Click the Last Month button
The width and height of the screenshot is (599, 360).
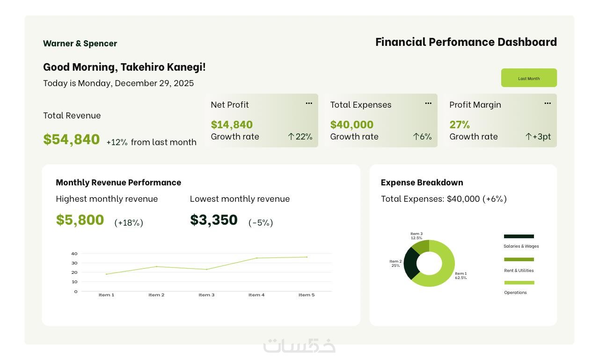tap(529, 78)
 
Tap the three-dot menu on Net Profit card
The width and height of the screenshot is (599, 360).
tap(309, 103)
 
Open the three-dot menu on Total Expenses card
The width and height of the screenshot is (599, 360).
tap(428, 103)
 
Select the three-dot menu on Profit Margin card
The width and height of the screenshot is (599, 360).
tap(548, 103)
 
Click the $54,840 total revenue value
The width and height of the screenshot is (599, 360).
tap(72, 139)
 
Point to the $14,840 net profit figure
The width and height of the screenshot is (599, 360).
tap(232, 125)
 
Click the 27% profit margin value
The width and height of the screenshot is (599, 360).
tap(460, 125)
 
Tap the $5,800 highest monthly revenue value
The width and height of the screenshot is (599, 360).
tap(80, 220)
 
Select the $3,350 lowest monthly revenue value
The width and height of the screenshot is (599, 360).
tap(214, 220)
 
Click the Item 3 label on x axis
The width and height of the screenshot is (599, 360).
tap(206, 295)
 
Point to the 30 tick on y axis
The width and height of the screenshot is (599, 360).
tap(74, 263)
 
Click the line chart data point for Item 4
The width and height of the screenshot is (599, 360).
tap(256, 258)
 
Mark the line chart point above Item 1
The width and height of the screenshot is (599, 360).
tap(106, 274)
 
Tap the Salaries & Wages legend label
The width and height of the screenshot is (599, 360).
tap(521, 246)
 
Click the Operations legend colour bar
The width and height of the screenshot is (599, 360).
tap(519, 283)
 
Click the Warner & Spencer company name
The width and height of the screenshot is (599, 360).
tap(80, 44)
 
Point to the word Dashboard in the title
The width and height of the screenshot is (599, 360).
tap(527, 42)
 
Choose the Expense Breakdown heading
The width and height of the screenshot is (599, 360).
tap(422, 183)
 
